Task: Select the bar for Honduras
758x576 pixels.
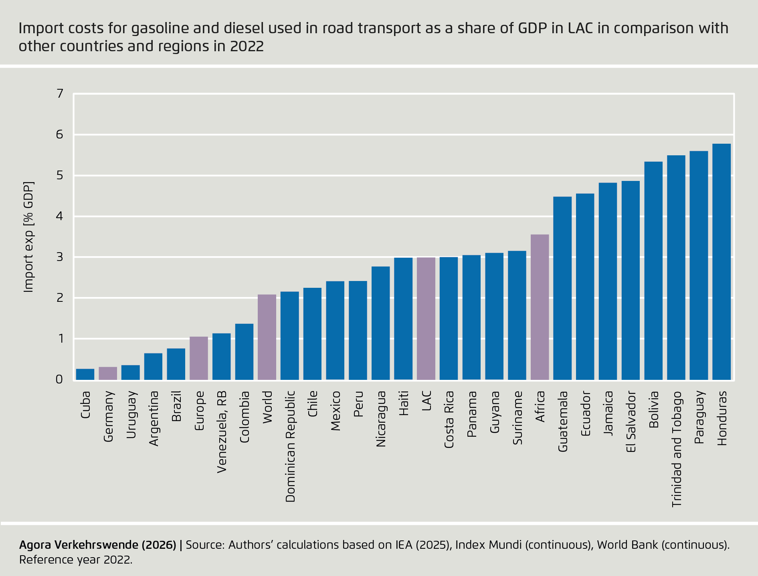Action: tap(721, 262)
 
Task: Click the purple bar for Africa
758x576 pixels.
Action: tap(540, 307)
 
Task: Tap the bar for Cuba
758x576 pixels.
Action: tap(85, 374)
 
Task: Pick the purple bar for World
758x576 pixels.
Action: tap(267, 337)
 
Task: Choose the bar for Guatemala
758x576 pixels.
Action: tap(562, 288)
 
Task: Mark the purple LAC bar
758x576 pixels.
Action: tap(426, 319)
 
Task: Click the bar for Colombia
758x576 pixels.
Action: tap(244, 351)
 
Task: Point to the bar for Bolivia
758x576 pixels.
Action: tap(653, 271)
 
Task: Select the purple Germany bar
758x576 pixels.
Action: tap(108, 373)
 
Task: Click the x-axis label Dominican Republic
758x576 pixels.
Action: tap(290, 446)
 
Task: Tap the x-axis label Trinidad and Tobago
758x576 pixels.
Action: tap(676, 449)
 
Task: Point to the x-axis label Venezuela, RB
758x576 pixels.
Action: tap(222, 432)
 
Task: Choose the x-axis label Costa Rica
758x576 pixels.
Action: tap(449, 419)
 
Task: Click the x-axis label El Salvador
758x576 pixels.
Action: tap(631, 421)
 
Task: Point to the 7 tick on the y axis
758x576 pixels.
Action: tap(60, 94)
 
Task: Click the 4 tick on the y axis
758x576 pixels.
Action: tap(60, 216)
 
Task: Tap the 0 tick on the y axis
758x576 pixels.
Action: tap(60, 379)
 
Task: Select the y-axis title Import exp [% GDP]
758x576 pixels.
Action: tap(28, 237)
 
